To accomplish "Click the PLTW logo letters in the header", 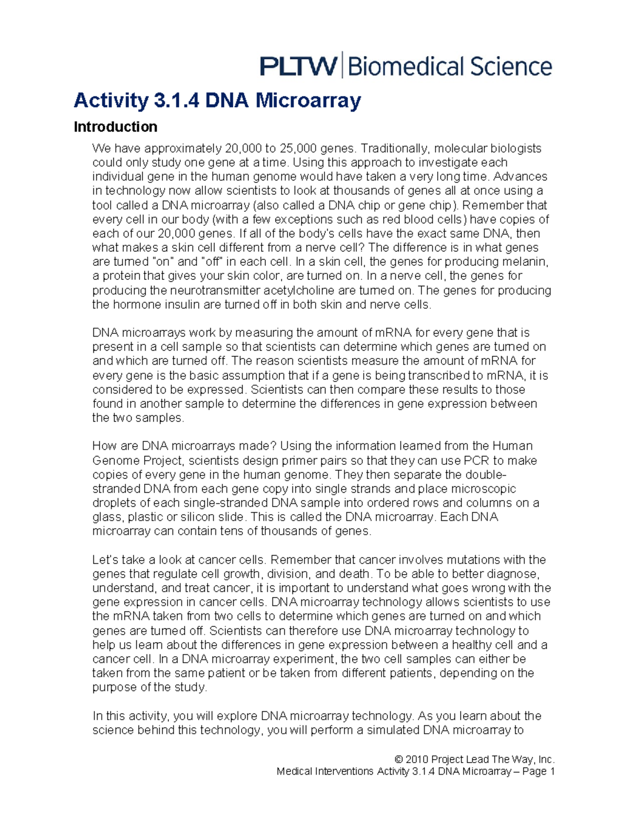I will click(298, 67).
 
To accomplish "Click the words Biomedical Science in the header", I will click(450, 67).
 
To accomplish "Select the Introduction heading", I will click(115, 127).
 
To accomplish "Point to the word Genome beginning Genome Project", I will click(112, 461).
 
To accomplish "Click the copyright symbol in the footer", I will click(399, 759).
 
